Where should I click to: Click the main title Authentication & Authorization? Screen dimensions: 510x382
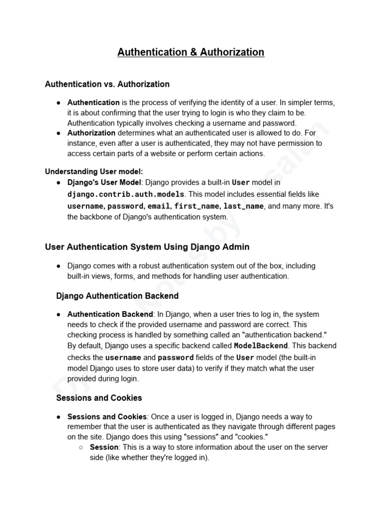191,52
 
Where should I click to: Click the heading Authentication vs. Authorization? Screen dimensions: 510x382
107,84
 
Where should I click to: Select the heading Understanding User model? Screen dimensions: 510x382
94,172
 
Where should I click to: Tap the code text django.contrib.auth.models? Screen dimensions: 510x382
126,194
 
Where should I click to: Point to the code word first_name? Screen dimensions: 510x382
196,206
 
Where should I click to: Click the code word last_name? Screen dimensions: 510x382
244,206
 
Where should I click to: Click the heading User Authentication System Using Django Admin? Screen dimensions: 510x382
147,247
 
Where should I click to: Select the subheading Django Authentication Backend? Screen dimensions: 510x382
117,296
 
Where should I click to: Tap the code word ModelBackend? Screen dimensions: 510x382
261,346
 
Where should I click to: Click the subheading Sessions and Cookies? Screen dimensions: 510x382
99,398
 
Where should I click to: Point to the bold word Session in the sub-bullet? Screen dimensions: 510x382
104,447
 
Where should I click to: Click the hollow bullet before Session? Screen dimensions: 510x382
81,447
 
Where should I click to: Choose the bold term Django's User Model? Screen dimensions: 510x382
104,183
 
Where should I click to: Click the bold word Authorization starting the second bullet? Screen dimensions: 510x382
91,133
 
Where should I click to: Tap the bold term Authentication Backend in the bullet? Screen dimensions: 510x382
110,314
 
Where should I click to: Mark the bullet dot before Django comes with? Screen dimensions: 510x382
59,266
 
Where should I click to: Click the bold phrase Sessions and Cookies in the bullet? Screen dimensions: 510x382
107,416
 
